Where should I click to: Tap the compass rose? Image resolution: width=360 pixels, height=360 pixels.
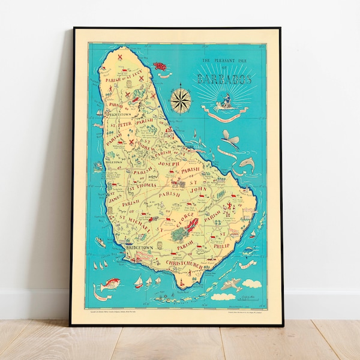pos(179,100)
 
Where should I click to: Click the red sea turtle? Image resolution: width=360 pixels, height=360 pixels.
pos(160,65)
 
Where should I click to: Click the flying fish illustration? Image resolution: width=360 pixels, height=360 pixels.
pos(229,142)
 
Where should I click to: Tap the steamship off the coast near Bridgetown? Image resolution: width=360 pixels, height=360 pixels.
pos(100,242)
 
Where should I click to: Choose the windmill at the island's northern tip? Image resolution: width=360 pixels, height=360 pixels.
pos(121,58)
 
